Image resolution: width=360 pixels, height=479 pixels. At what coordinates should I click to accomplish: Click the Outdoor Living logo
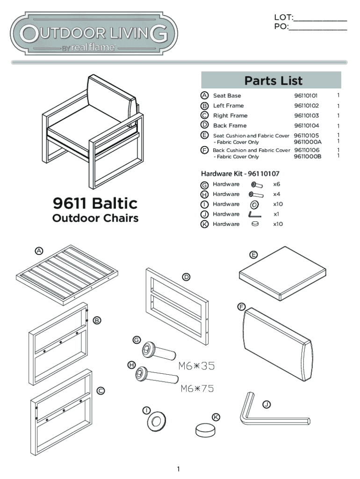(94, 34)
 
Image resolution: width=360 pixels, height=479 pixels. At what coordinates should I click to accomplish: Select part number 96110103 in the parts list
(306, 116)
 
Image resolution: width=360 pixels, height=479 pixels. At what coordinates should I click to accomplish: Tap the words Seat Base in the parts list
(227, 96)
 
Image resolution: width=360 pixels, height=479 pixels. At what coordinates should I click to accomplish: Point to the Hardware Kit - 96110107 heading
(240, 174)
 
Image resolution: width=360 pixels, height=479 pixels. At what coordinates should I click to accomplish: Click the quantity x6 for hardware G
(277, 184)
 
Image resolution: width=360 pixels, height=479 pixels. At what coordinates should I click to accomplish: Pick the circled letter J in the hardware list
(204, 214)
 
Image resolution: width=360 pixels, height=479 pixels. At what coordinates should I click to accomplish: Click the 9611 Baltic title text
(95, 203)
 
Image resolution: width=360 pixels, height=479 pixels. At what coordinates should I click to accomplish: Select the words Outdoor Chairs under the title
(95, 218)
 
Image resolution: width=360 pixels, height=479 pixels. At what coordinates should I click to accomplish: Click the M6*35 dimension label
(196, 366)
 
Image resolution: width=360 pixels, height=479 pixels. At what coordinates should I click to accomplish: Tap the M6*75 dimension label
(197, 388)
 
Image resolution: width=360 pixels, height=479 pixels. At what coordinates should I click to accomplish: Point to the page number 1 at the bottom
(178, 469)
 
